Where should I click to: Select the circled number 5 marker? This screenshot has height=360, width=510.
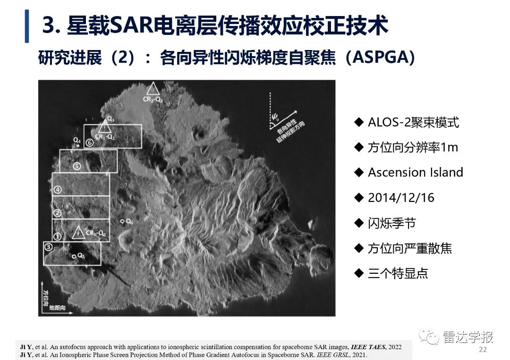(77, 166)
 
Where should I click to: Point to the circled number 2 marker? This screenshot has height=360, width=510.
(57, 213)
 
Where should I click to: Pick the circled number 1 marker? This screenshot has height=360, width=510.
(58, 236)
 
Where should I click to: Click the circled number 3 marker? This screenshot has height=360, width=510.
(48, 246)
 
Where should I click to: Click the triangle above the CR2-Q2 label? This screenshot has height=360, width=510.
(153, 88)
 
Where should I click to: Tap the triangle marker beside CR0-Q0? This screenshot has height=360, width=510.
(78, 232)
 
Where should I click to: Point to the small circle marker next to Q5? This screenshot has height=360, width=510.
(74, 256)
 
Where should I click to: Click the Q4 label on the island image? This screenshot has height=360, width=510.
(77, 141)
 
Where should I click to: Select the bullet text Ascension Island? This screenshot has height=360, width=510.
(416, 172)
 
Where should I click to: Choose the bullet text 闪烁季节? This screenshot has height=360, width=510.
(391, 223)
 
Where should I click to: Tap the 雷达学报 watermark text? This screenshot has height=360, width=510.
(468, 337)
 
